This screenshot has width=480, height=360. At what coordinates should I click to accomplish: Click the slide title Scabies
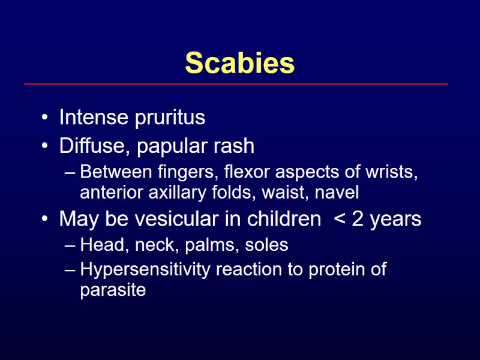click(x=240, y=63)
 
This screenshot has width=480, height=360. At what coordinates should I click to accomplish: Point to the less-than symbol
click(x=339, y=220)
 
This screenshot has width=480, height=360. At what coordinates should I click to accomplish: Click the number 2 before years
click(x=358, y=219)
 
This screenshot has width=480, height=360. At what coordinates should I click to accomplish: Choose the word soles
click(x=266, y=245)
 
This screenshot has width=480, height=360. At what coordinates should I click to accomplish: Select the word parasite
click(x=113, y=291)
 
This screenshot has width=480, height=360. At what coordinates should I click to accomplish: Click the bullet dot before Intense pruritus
click(x=46, y=118)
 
